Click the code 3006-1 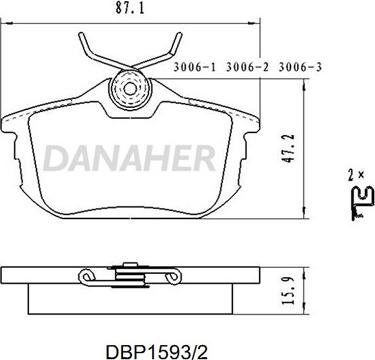pyautogui.click(x=195, y=67)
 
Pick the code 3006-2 pyautogui.click(x=247, y=67)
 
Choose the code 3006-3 pyautogui.click(x=300, y=67)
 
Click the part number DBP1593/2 pyautogui.click(x=156, y=351)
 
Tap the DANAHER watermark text pyautogui.click(x=129, y=158)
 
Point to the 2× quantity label pyautogui.click(x=355, y=175)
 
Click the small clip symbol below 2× pyautogui.click(x=363, y=202)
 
